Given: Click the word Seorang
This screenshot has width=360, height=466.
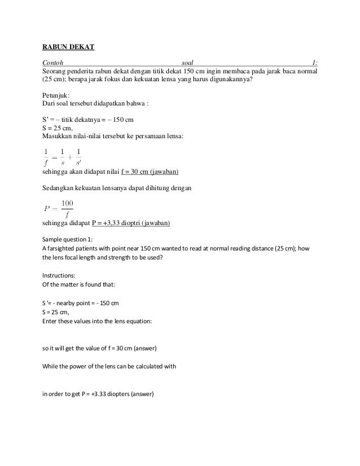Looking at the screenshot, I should coord(56,71).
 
